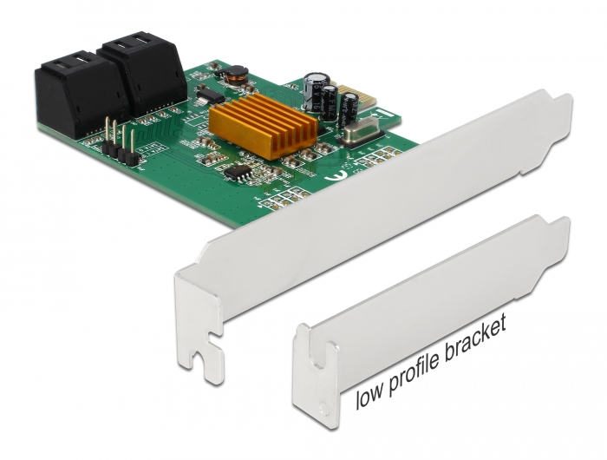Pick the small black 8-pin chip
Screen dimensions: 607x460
click(237, 173)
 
